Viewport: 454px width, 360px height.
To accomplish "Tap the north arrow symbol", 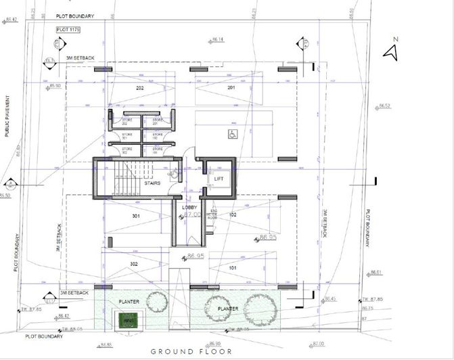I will pyautogui.click(x=390, y=51).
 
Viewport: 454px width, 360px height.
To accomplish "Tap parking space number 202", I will pyautogui.click(x=140, y=88).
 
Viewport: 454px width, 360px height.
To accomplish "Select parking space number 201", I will pyautogui.click(x=231, y=88).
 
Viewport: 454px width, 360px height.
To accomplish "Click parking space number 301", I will pyautogui.click(x=135, y=217).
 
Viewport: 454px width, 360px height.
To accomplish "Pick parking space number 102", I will pyautogui.click(x=232, y=215).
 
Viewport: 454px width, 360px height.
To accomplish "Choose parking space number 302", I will pyautogui.click(x=134, y=263).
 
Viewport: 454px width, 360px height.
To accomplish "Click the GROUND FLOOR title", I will pyautogui.click(x=191, y=351).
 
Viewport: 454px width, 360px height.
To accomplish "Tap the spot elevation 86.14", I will pyautogui.click(x=217, y=40).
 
